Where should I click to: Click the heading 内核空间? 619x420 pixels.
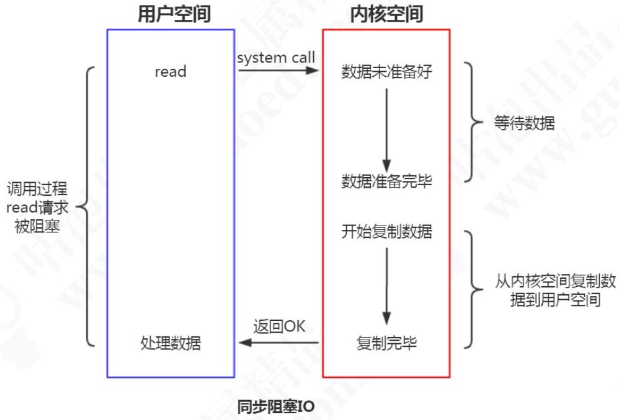click(386, 15)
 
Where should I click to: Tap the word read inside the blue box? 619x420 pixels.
click(171, 72)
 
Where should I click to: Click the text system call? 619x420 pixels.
click(276, 58)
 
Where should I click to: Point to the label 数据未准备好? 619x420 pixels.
click(386, 72)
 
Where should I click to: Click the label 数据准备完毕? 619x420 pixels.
click(386, 182)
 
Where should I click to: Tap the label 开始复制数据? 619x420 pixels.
click(386, 232)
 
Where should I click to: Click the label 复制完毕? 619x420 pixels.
click(386, 343)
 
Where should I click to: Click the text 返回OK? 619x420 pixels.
click(279, 326)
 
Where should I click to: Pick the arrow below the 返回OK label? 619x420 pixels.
click(279, 343)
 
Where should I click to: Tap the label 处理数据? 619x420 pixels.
click(171, 343)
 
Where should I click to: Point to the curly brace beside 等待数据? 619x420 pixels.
click(474, 122)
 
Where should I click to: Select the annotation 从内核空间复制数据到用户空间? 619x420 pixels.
click(547, 291)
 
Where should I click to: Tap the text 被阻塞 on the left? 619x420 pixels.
click(37, 226)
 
